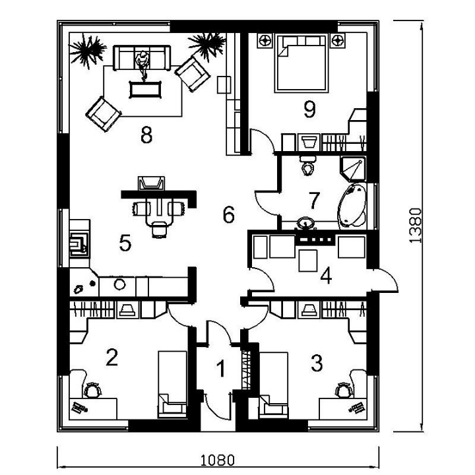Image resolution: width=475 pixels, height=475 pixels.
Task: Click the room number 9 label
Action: click(309, 110)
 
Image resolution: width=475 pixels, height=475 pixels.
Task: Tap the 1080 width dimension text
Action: click(218, 460)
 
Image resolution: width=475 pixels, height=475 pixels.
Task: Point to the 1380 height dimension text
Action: click(415, 226)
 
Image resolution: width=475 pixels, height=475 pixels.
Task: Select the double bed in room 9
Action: click(301, 63)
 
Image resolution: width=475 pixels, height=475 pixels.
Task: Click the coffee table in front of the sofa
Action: click(145, 89)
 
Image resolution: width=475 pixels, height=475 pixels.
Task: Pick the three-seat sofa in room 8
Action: click(142, 58)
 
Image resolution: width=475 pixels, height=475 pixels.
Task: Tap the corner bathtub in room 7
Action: click(352, 205)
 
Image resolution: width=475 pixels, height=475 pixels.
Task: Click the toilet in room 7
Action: click(308, 166)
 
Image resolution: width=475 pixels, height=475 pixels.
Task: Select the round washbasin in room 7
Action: click(305, 224)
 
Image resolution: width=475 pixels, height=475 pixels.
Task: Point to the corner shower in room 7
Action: click(353, 169)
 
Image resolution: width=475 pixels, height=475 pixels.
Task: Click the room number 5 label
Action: click(125, 243)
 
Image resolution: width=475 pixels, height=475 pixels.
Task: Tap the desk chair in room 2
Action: click(92, 390)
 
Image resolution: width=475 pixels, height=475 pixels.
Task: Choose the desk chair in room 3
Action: click(344, 390)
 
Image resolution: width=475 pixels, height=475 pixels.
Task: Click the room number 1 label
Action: click(222, 368)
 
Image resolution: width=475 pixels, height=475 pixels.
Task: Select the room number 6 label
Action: click(229, 214)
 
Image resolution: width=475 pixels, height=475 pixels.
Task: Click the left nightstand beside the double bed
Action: click(265, 41)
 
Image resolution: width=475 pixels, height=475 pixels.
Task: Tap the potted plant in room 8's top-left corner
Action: click(87, 51)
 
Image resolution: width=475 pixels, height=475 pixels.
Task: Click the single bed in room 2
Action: click(172, 385)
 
